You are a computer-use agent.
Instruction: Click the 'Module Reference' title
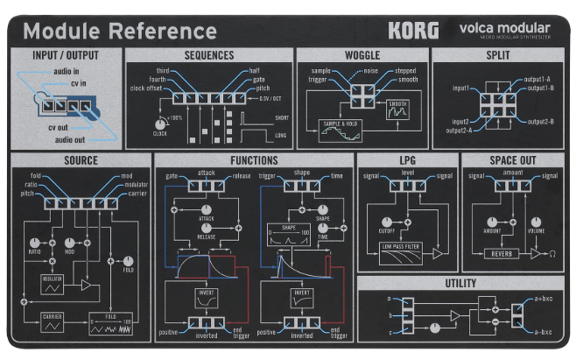[120, 32]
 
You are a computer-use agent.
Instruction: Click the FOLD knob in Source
[128, 260]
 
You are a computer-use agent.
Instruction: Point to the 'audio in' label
[67, 71]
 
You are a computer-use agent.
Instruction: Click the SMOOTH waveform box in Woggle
[397, 111]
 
